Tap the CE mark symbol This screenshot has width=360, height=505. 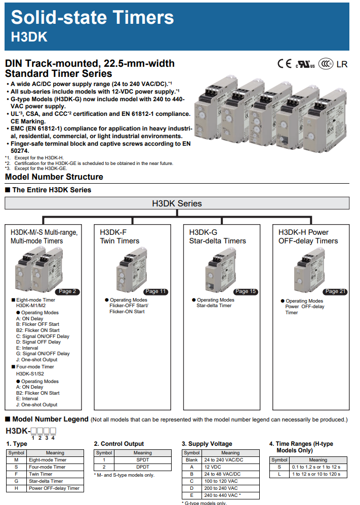284,64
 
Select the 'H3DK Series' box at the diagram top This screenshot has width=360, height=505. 177,203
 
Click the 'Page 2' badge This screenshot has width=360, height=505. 68,291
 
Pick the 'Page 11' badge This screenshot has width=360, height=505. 155,291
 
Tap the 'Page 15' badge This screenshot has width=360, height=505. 246,291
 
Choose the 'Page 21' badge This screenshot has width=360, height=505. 335,291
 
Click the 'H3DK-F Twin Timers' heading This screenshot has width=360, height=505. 120,236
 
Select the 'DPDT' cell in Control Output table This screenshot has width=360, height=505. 142,467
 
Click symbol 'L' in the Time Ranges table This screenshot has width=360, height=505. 279,474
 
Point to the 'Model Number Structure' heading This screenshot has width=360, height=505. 54,177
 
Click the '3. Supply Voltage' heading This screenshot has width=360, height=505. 207,444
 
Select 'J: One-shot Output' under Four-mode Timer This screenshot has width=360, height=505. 36,405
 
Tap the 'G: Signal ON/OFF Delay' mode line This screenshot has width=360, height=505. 43,354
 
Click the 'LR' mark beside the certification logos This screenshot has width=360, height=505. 342,64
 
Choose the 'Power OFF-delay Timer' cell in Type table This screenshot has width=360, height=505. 54,488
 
